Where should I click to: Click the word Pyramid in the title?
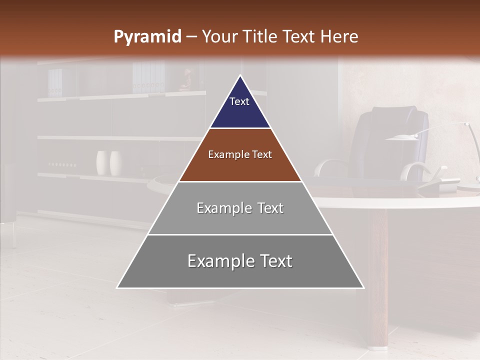pos(147,37)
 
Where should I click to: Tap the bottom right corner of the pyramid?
pos(363,287)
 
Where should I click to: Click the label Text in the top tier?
pos(239,101)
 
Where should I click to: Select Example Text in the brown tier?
pos(240,154)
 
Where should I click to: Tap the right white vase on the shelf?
pos(116,162)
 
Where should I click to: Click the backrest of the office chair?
pos(395,137)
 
